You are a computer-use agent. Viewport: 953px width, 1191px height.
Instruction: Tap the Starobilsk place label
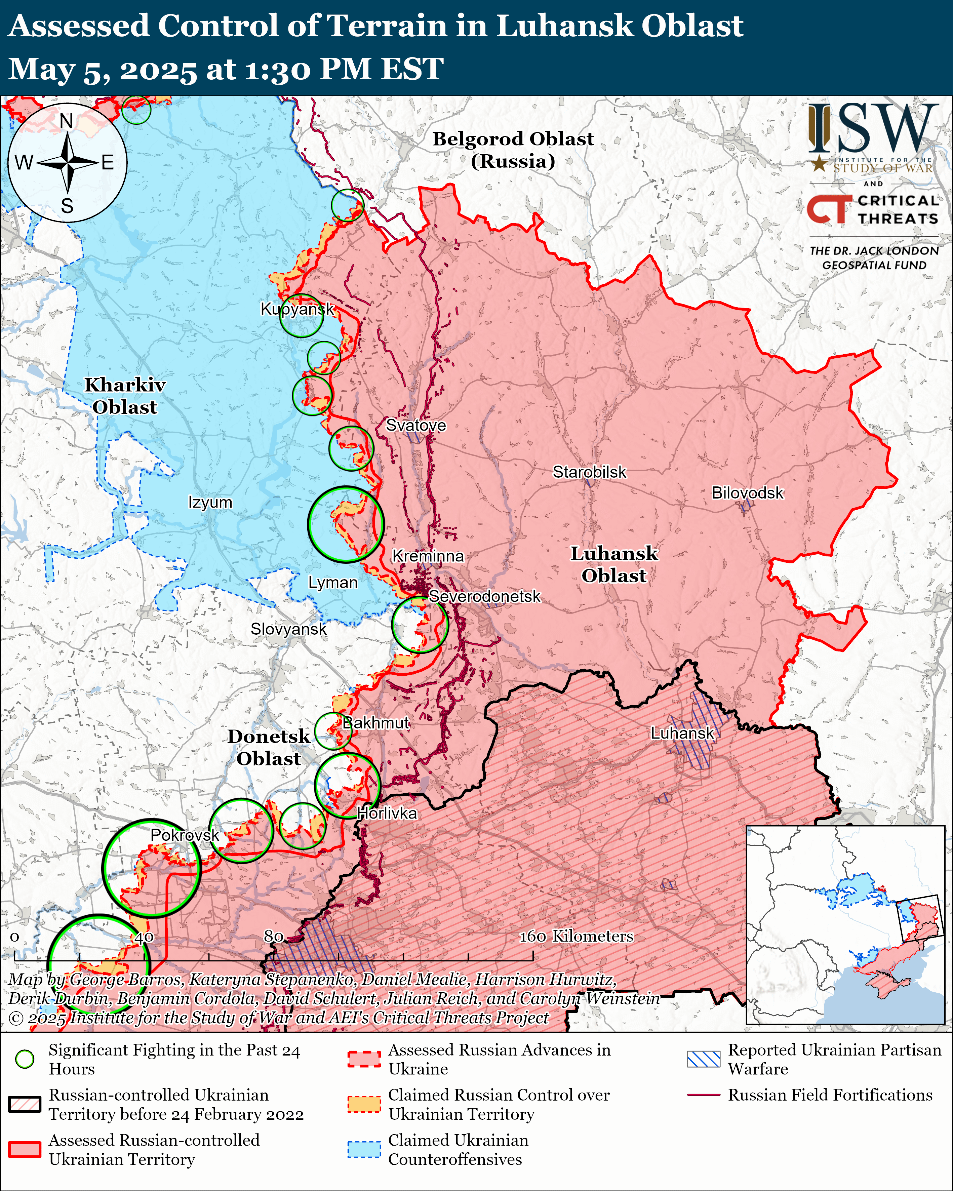(590, 472)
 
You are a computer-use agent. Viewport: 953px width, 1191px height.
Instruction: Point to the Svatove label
(415, 425)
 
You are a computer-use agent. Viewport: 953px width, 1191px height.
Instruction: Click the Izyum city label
(210, 503)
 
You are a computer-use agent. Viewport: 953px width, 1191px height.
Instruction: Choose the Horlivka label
(387, 813)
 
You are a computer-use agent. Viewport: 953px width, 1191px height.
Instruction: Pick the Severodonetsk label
(484, 597)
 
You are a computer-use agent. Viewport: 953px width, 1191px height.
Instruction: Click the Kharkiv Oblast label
(124, 396)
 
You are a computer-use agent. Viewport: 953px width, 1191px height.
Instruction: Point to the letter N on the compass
(66, 121)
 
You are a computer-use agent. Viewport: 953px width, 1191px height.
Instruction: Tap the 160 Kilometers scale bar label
(576, 936)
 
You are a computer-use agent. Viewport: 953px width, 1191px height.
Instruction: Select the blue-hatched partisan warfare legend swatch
(703, 1059)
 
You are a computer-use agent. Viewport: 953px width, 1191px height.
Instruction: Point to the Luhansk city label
(682, 733)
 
